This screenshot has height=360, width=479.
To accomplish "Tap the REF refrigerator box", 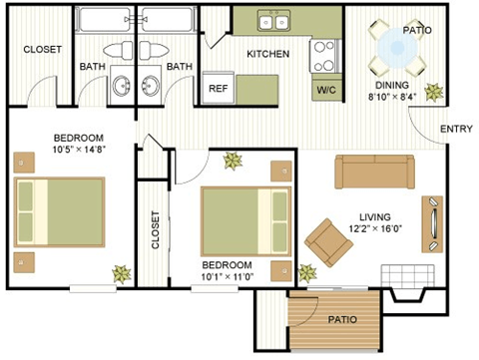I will [218, 88].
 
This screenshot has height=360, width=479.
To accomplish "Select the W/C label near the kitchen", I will [326, 90].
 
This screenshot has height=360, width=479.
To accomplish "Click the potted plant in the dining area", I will [433, 92].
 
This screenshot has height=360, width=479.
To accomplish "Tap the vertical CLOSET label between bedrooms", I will [154, 229].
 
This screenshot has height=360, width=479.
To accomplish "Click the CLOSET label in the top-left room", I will [42, 49].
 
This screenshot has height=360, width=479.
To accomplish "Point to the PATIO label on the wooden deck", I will [344, 319].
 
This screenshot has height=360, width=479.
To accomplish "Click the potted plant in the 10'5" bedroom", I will [121, 272].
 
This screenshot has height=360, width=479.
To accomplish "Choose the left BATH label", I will [93, 67].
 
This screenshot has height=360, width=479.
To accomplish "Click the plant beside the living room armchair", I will [306, 271].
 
